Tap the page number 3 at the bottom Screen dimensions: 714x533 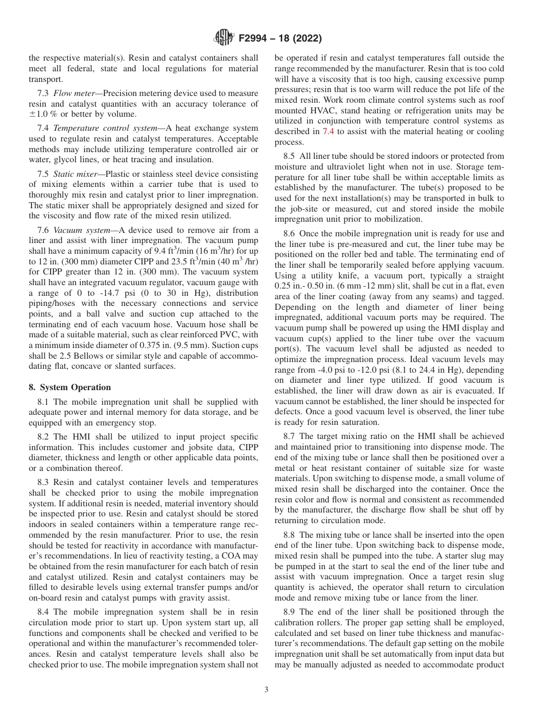pyautogui.click(x=266, y=690)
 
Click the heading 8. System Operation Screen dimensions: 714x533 pyautogui.click(x=70, y=387)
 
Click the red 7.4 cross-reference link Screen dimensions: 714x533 pyautogui.click(x=328, y=131)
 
